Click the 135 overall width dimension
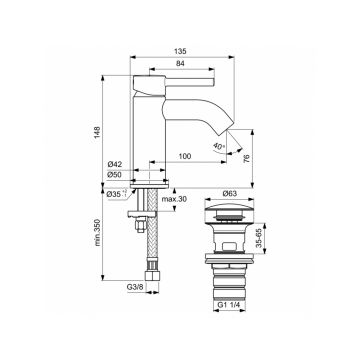[180, 51]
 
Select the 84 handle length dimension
[180, 63]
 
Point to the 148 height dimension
[97, 133]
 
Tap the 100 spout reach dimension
[185, 156]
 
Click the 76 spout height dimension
[247, 159]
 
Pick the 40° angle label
[218, 146]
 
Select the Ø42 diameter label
[115, 164]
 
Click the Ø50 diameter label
[115, 175]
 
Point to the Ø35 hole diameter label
[117, 194]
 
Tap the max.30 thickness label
[174, 199]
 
